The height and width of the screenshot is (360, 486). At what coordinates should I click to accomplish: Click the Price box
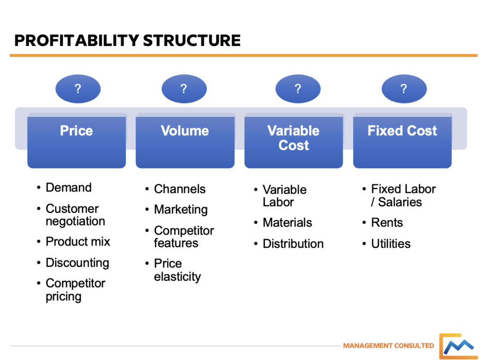point(76,141)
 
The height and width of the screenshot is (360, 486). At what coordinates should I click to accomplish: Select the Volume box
point(185,141)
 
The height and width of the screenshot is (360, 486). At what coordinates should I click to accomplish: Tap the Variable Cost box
point(293,141)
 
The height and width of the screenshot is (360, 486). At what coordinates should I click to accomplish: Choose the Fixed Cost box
point(402,141)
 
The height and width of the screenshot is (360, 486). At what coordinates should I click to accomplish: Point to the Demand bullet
point(68,188)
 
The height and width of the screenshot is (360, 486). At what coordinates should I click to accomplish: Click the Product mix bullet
point(77,241)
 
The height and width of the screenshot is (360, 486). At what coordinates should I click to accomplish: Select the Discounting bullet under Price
point(77,263)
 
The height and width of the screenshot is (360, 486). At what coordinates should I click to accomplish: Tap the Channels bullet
point(179,189)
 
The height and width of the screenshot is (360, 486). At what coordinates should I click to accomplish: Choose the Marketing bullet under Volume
point(180,209)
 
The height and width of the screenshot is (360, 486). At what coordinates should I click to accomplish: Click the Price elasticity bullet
point(177,270)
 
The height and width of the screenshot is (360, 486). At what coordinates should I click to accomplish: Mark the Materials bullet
point(287,223)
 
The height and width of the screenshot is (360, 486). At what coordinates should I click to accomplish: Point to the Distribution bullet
point(293,244)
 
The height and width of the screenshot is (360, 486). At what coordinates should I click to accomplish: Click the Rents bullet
point(387,223)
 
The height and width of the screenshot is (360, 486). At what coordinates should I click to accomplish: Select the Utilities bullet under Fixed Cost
point(391,244)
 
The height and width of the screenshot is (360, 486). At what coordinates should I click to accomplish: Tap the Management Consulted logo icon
point(458,346)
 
